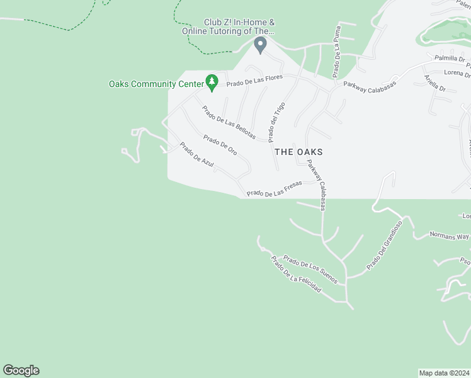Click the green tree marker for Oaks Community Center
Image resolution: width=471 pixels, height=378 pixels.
[212, 83]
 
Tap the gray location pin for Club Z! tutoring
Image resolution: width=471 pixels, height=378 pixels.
[259, 45]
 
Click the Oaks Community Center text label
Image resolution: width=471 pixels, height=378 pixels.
[156, 84]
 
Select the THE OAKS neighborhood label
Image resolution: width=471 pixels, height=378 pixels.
[299, 152]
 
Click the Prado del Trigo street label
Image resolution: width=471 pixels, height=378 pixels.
[275, 122]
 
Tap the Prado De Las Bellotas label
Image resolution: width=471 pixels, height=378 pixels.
[229, 123]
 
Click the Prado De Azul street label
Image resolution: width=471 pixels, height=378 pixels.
[196, 154]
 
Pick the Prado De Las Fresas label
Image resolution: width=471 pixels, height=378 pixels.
[274, 189]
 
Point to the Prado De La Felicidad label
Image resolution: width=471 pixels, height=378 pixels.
[296, 274]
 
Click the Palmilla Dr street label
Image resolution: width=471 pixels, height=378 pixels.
[450, 59]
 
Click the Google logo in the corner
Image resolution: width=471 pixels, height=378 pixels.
[21, 370]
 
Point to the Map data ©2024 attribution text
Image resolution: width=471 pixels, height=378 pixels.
[445, 373]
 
